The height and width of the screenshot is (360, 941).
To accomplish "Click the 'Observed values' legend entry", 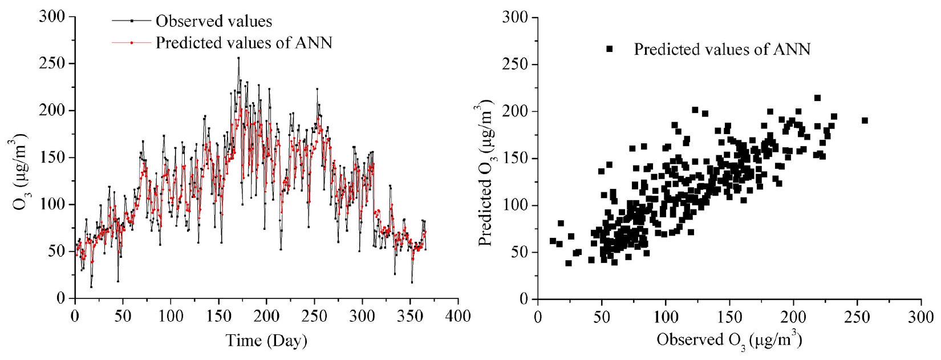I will pyautogui.click(x=214, y=22).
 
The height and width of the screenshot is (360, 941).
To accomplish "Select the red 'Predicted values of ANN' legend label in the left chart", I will pyautogui.click(x=244, y=43).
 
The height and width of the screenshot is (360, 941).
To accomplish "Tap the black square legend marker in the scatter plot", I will pyautogui.click(x=609, y=49).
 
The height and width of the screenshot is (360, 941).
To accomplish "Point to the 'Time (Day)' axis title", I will pyautogui.click(x=266, y=341).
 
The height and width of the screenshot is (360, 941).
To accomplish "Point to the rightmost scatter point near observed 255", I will pyautogui.click(x=865, y=120).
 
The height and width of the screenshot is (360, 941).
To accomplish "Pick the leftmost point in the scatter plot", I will pyautogui.click(x=553, y=241).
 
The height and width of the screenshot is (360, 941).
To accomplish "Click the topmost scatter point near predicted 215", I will pyautogui.click(x=817, y=98).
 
